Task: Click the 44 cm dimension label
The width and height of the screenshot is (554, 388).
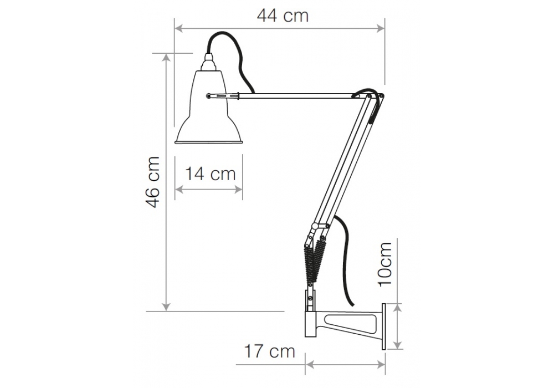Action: (x=283, y=16)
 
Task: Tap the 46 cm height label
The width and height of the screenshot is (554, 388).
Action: (x=153, y=182)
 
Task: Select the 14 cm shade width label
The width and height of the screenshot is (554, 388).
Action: (x=210, y=174)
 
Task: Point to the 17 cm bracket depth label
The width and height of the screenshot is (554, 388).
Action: (x=269, y=351)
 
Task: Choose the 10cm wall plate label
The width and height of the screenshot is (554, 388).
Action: (x=386, y=264)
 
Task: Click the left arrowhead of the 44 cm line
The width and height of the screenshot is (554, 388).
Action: (x=179, y=28)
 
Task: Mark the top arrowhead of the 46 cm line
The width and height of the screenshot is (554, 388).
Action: (x=166, y=58)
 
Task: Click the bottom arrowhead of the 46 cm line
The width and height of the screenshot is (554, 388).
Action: (x=166, y=307)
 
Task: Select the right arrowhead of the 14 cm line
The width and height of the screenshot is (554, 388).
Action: (x=238, y=190)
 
